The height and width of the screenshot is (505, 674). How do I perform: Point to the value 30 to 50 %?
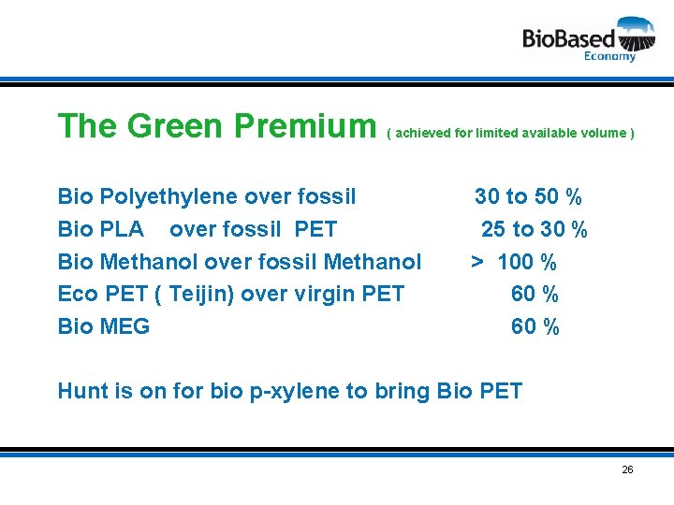tap(528, 196)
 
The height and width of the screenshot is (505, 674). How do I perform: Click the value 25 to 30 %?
tap(534, 229)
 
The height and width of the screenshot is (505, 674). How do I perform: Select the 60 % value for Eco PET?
tap(535, 294)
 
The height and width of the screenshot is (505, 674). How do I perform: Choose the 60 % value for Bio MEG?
tap(535, 326)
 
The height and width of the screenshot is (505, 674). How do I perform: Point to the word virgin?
tap(310, 294)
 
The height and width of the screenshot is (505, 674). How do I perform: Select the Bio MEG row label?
tap(104, 326)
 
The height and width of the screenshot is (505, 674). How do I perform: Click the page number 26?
tap(627, 469)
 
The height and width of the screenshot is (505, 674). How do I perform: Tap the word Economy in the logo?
tap(609, 56)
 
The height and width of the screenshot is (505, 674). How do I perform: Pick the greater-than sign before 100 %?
tap(477, 262)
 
